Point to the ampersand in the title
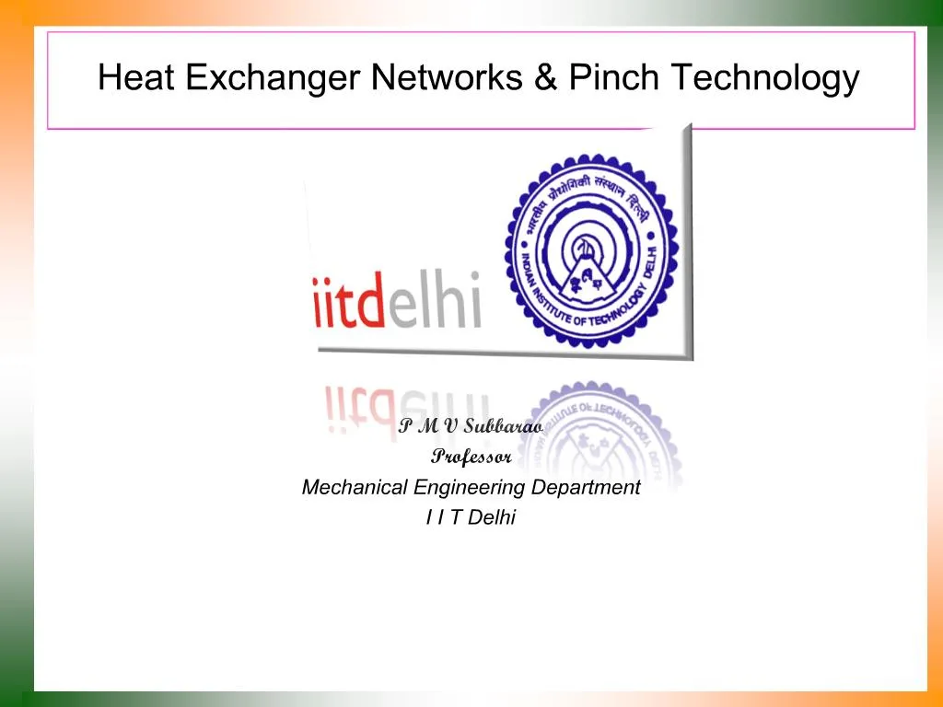coord(545,78)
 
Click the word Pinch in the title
coord(613,78)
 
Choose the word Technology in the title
coord(764,79)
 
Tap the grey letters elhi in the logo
coord(434,299)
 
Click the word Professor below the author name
coord(471,457)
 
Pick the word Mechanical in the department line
coord(355,488)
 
